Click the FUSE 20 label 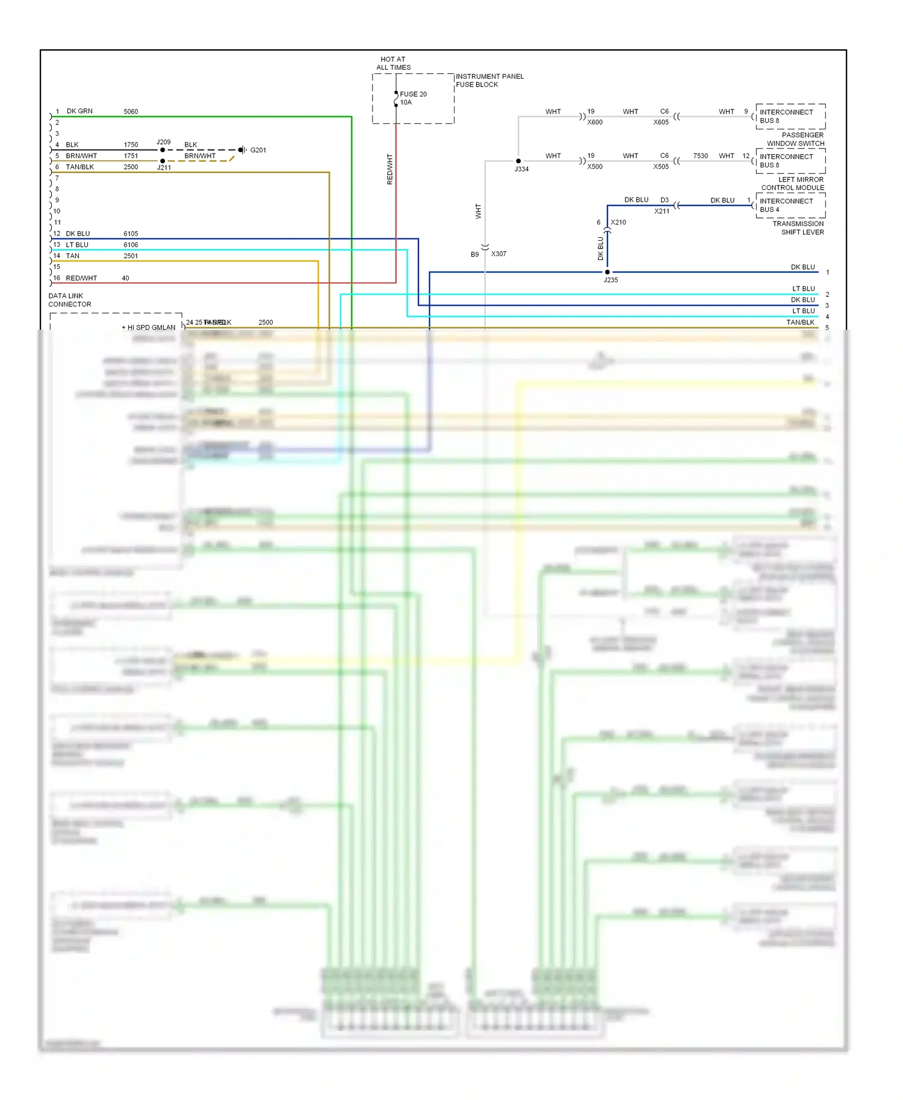point(413,94)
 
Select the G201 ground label point(258,150)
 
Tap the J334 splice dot point(518,161)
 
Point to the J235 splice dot point(607,272)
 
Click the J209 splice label point(164,142)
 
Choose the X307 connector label point(498,254)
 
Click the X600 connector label point(595,122)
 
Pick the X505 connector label point(661,167)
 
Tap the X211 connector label point(662,211)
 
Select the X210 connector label point(618,223)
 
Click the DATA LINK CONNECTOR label point(70,300)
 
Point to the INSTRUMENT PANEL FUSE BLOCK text point(489,81)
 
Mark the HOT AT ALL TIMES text point(393,63)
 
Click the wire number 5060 point(131,112)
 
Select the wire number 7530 point(700,156)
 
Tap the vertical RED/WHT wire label point(389,169)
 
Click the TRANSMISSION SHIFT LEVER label point(798,228)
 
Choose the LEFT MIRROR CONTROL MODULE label point(793,184)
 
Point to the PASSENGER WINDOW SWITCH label point(796,139)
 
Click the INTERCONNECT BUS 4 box point(790,205)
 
